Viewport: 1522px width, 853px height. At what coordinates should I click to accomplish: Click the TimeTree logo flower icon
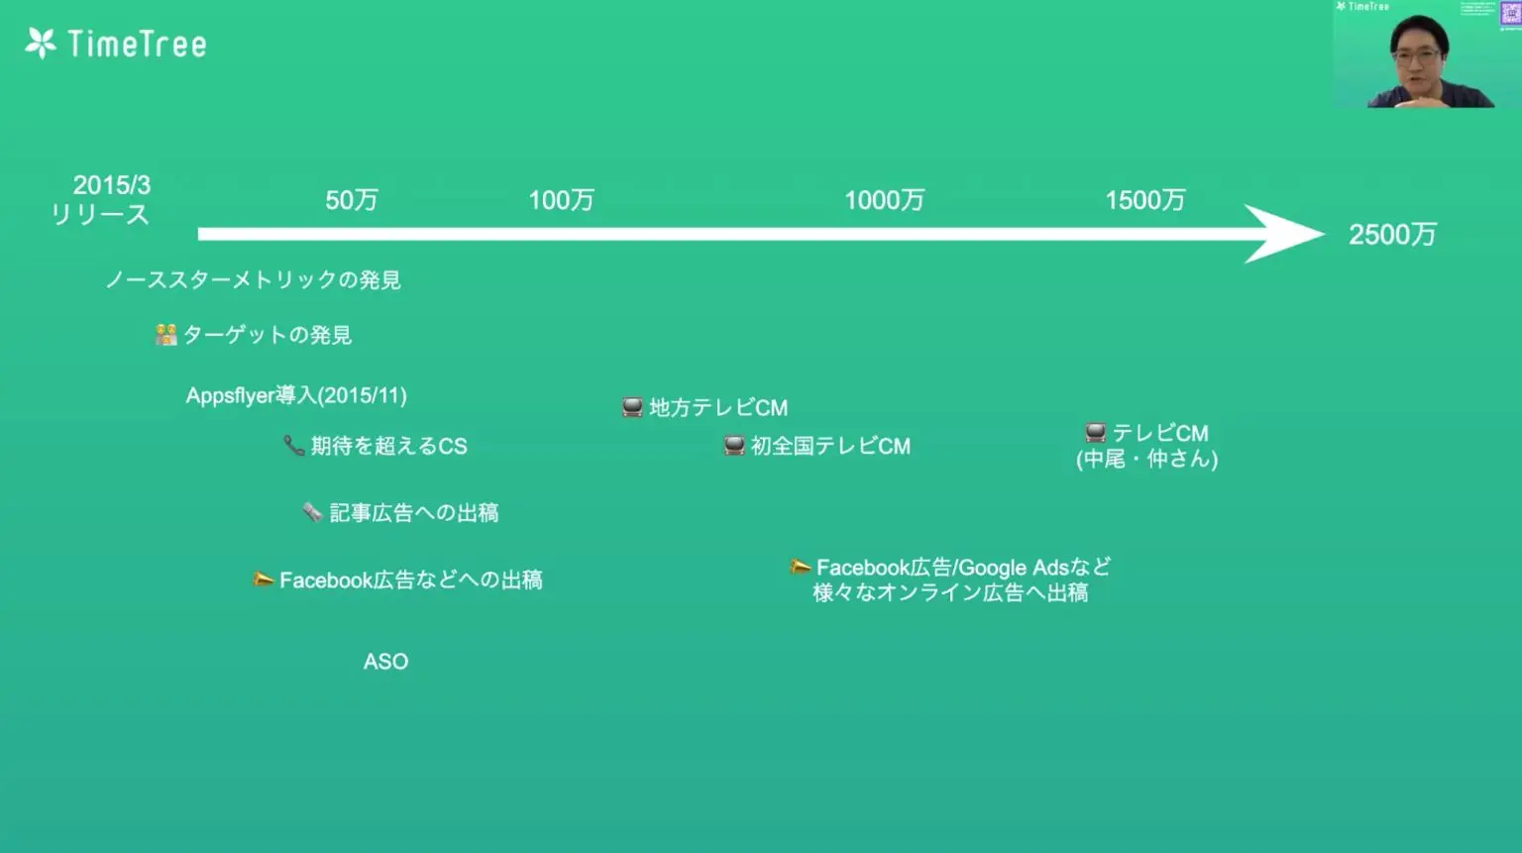coord(41,44)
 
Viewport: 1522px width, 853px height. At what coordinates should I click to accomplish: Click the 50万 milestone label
coord(352,200)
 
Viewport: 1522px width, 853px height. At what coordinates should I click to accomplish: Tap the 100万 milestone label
coord(561,200)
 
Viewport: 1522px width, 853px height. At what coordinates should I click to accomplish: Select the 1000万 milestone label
coord(884,200)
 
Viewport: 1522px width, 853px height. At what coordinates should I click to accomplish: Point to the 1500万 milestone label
coord(1144,200)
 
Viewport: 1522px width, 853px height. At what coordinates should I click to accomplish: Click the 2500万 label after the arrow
coord(1392,235)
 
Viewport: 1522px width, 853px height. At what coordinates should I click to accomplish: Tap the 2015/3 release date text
coord(111,185)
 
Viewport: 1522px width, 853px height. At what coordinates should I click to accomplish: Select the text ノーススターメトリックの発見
coord(253,280)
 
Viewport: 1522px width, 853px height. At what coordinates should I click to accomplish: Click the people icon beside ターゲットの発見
coord(165,335)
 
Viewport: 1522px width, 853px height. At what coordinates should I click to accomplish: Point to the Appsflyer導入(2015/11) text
coord(296,395)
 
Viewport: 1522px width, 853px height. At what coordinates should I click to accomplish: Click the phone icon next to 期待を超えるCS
coord(293,446)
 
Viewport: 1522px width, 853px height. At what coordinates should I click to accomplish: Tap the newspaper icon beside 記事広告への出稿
coord(312,512)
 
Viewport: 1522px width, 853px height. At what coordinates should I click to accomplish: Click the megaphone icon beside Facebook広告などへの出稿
coord(263,580)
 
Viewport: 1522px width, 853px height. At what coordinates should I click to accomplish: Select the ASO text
coord(385,662)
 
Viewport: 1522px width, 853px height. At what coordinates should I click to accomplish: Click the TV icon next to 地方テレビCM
coord(632,407)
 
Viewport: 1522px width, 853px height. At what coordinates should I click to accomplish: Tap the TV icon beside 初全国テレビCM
coord(733,446)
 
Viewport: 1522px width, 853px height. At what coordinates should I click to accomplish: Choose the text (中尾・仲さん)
coord(1146,459)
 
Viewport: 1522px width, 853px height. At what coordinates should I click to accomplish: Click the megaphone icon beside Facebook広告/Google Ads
coord(800,568)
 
